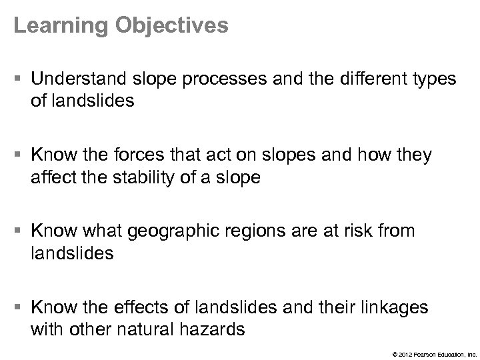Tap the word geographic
(178, 231)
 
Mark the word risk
(361, 231)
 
